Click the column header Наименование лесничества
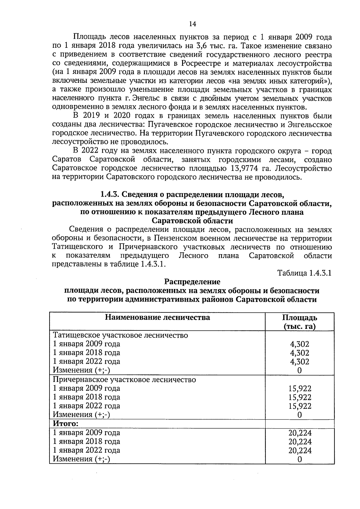pos(157,318)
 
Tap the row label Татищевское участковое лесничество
pos(120,335)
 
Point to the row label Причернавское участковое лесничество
pos(124,380)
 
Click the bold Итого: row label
pos(66,424)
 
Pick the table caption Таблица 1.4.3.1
pos(304,273)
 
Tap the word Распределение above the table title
pos(192,282)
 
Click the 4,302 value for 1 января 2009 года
pos(299,344)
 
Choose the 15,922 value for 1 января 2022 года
pos(300,406)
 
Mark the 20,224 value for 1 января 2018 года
pos(300,442)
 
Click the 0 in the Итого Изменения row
pos(299,459)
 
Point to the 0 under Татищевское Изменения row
pos(299,371)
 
